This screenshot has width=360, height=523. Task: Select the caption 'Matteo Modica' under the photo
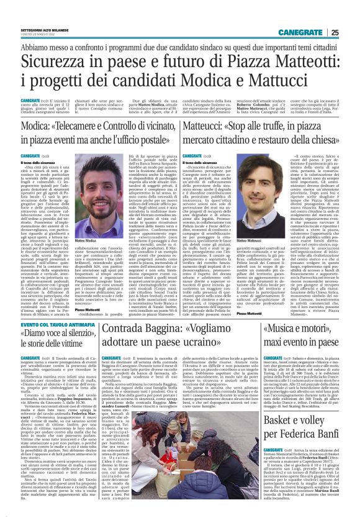click(70, 239)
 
